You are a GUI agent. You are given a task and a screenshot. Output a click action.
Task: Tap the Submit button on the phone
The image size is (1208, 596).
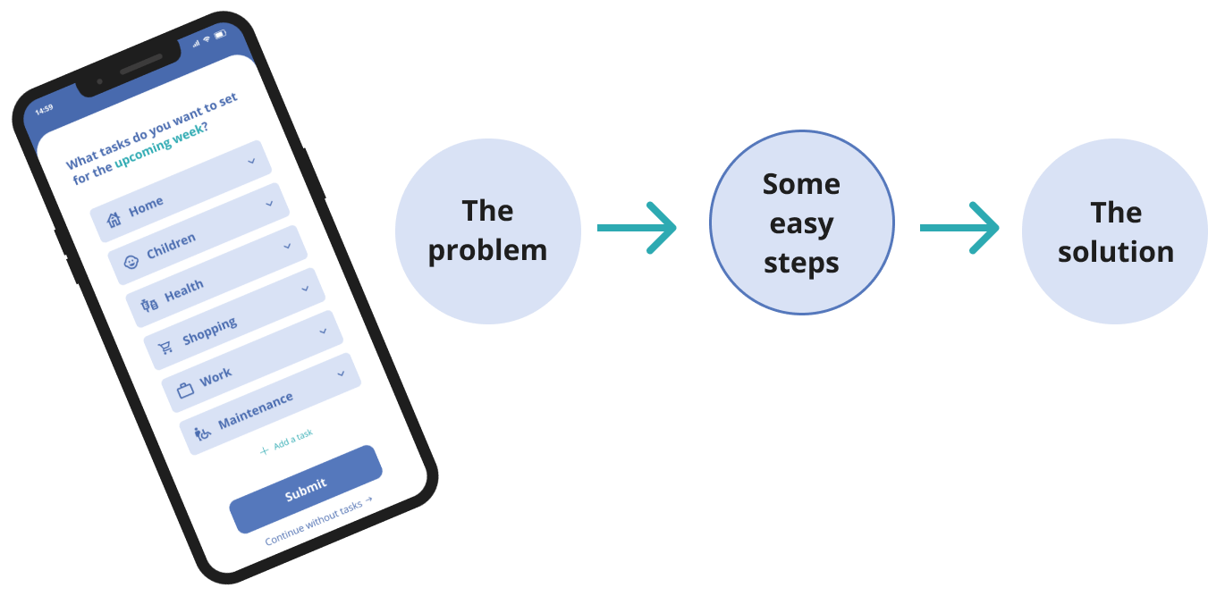point(306,490)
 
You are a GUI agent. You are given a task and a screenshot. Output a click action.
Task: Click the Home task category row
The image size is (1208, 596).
point(181,191)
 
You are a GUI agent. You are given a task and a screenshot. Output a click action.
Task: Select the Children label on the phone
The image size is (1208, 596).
point(171,246)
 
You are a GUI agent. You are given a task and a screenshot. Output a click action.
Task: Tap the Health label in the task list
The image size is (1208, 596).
point(184,290)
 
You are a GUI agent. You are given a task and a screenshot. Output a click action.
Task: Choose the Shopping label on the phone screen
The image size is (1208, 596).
point(209,331)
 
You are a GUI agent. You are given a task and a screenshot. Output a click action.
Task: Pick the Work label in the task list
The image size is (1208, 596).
point(215,377)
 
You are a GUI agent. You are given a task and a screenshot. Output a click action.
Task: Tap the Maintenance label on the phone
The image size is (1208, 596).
point(256,411)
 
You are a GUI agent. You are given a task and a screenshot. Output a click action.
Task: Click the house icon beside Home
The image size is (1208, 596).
point(114,219)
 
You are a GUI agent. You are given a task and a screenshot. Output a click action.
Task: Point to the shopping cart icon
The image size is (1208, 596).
point(165,347)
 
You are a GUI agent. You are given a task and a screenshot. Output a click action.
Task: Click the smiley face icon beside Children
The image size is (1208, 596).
point(131,263)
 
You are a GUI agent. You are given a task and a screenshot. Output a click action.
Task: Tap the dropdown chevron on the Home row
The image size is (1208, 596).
point(251,161)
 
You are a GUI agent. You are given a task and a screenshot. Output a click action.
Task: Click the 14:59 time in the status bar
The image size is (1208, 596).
point(44,109)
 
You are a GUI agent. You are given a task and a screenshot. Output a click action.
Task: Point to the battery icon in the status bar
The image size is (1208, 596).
point(220,35)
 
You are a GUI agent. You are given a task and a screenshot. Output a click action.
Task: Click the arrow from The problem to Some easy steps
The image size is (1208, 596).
point(637,228)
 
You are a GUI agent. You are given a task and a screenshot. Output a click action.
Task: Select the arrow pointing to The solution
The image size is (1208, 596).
point(959,228)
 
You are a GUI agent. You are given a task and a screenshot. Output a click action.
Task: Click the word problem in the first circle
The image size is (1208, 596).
point(488,251)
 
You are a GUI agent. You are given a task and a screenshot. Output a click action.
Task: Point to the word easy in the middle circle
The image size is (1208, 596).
point(801,224)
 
